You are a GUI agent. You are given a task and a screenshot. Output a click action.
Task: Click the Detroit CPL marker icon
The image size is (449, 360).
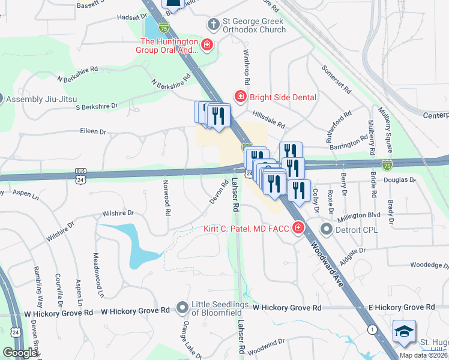(326, 229)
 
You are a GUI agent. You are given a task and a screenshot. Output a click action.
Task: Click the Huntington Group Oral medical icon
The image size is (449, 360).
(207, 45)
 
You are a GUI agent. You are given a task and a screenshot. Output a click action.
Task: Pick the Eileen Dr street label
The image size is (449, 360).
(93, 131)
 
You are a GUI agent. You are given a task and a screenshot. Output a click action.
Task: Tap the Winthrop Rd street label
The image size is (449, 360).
(246, 66)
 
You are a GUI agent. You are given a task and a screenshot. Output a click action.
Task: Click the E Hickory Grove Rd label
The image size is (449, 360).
(402, 307)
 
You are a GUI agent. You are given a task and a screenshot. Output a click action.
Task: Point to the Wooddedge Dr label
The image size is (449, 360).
(429, 265)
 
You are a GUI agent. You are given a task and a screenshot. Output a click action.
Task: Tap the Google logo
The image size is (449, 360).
(20, 353)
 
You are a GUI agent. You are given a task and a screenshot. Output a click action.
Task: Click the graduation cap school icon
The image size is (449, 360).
(403, 331)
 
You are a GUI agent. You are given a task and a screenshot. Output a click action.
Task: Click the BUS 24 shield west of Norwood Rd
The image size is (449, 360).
(80, 175)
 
